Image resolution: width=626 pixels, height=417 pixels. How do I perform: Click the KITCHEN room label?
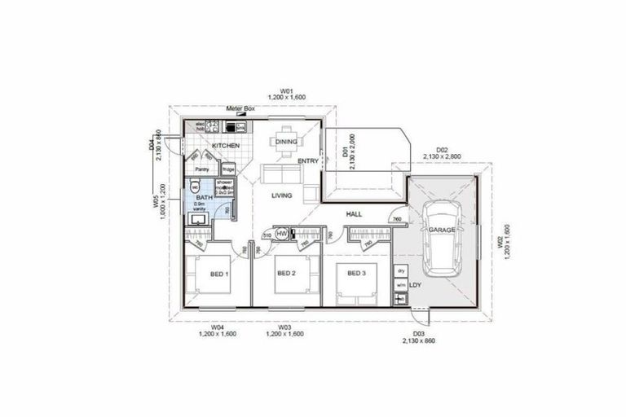226,145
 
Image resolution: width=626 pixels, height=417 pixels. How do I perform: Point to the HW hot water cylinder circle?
282,235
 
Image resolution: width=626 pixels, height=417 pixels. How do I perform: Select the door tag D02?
442,149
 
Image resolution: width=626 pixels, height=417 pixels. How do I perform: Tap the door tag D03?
418,334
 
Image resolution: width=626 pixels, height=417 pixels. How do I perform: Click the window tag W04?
218,326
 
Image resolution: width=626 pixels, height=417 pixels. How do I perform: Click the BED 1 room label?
218,274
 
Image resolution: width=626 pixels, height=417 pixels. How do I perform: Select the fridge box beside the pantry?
228,169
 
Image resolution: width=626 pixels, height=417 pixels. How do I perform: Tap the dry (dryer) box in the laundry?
400,270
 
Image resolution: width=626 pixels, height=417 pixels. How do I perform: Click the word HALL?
354,214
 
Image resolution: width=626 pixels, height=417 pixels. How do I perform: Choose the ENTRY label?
308,160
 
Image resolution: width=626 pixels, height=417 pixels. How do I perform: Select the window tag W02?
498,242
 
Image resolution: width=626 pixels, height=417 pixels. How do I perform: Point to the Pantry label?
202,169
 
